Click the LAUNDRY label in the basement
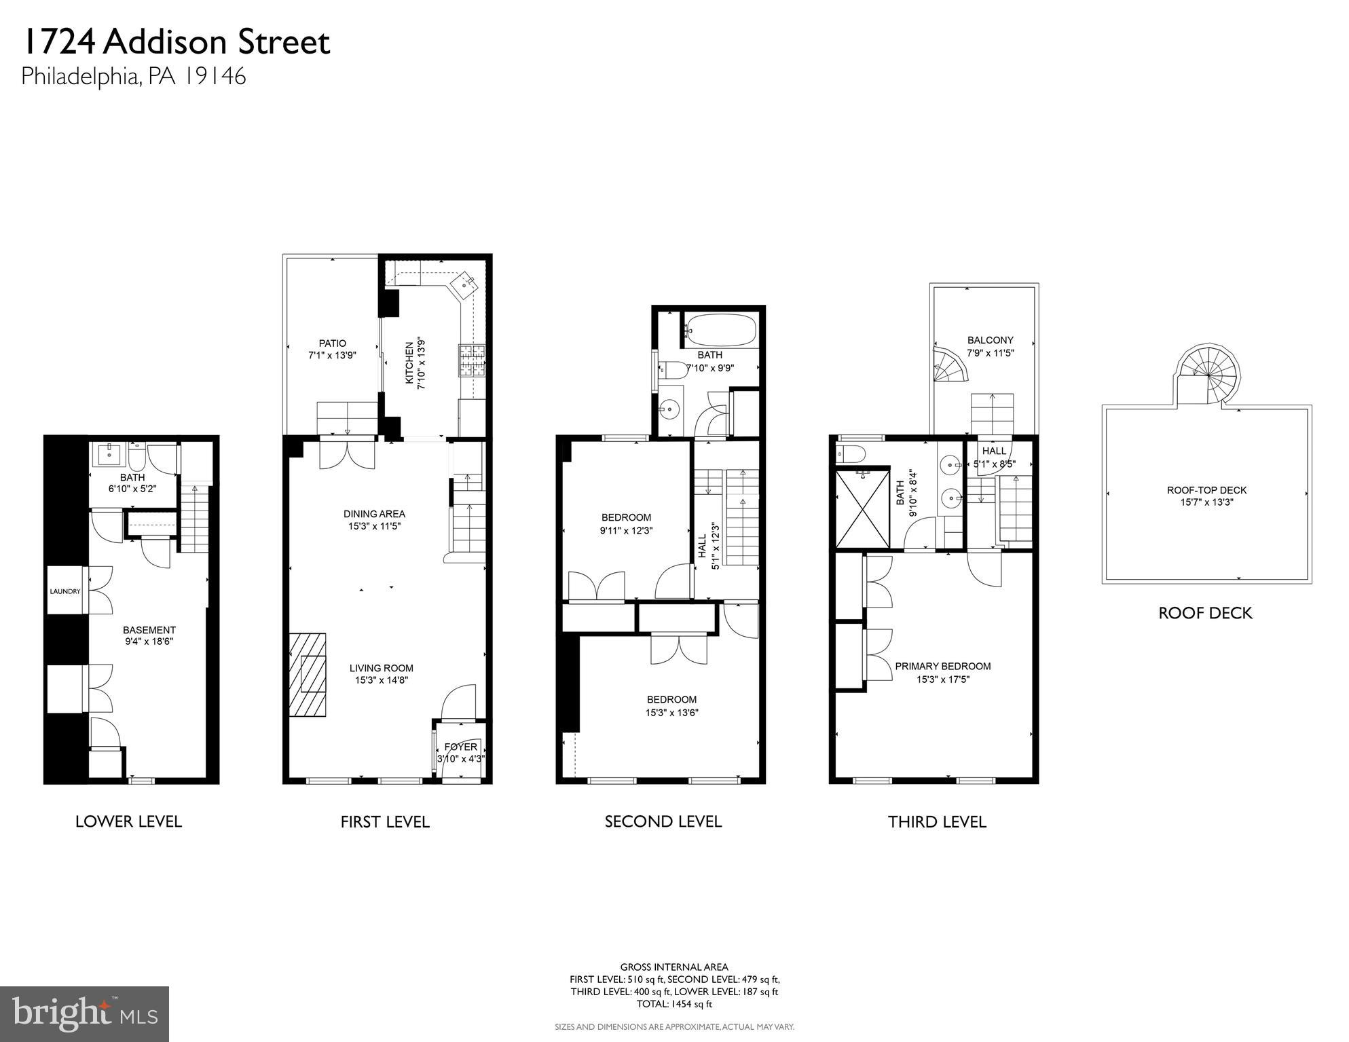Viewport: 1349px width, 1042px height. [65, 591]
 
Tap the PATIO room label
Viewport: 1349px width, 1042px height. [333, 343]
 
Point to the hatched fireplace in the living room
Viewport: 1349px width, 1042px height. [308, 674]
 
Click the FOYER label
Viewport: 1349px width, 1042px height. [461, 747]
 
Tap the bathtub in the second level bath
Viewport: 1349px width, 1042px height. [720, 330]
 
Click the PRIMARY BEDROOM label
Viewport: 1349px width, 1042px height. [942, 667]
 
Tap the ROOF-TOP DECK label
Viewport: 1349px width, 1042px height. [1206, 490]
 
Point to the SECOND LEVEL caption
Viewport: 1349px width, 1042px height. [663, 821]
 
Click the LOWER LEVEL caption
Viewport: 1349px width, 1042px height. [128, 821]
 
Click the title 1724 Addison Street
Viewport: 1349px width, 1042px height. [176, 42]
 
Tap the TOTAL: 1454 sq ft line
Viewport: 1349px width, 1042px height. [674, 1004]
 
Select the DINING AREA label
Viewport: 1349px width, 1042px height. [374, 514]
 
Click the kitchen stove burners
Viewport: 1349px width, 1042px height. [473, 361]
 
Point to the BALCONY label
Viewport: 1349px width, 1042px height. [991, 340]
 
